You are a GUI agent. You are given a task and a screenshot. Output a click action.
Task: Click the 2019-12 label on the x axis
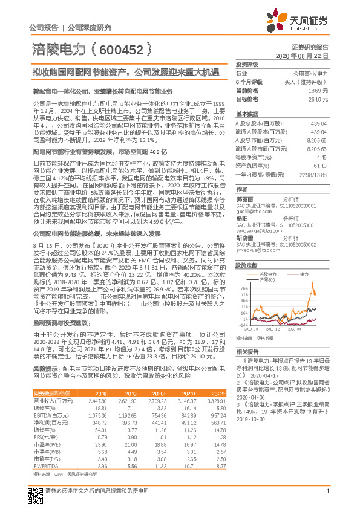[x=281, y=329]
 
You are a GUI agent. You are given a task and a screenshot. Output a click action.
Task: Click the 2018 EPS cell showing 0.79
[x=102, y=436]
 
